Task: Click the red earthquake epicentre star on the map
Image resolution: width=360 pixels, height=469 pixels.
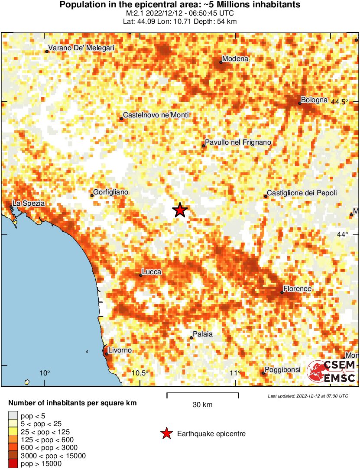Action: pyautogui.click(x=180, y=210)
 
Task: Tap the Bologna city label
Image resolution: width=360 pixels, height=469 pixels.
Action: pyautogui.click(x=315, y=100)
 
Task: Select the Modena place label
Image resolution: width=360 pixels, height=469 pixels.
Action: pyautogui.click(x=235, y=59)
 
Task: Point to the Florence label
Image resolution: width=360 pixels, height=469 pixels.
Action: pyautogui.click(x=297, y=288)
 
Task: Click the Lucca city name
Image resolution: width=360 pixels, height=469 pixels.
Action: pyautogui.click(x=152, y=272)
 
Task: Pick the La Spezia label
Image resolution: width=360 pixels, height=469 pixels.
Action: pyautogui.click(x=29, y=203)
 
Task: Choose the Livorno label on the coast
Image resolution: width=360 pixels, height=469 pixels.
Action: pyautogui.click(x=120, y=350)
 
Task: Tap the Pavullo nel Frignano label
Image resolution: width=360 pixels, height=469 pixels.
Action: pyautogui.click(x=238, y=142)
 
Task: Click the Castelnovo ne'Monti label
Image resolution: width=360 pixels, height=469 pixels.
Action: pyautogui.click(x=156, y=115)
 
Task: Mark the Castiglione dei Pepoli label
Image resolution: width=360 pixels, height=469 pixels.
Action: pyautogui.click(x=302, y=193)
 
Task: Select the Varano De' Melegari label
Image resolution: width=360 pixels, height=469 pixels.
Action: pyautogui.click(x=81, y=48)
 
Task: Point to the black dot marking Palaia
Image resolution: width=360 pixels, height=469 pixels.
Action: pyautogui.click(x=191, y=338)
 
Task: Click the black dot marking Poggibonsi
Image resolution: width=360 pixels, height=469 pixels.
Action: pyautogui.click(x=263, y=373)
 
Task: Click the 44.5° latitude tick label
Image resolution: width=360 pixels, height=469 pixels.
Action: pyautogui.click(x=340, y=102)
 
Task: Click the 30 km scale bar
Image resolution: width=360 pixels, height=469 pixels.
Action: pyautogui.click(x=202, y=394)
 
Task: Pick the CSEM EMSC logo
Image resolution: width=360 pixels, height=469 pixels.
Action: pyautogui.click(x=331, y=372)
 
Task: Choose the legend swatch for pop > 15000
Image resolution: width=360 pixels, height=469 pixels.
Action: pyautogui.click(x=13, y=464)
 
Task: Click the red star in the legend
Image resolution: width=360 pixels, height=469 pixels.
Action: pyautogui.click(x=166, y=433)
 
